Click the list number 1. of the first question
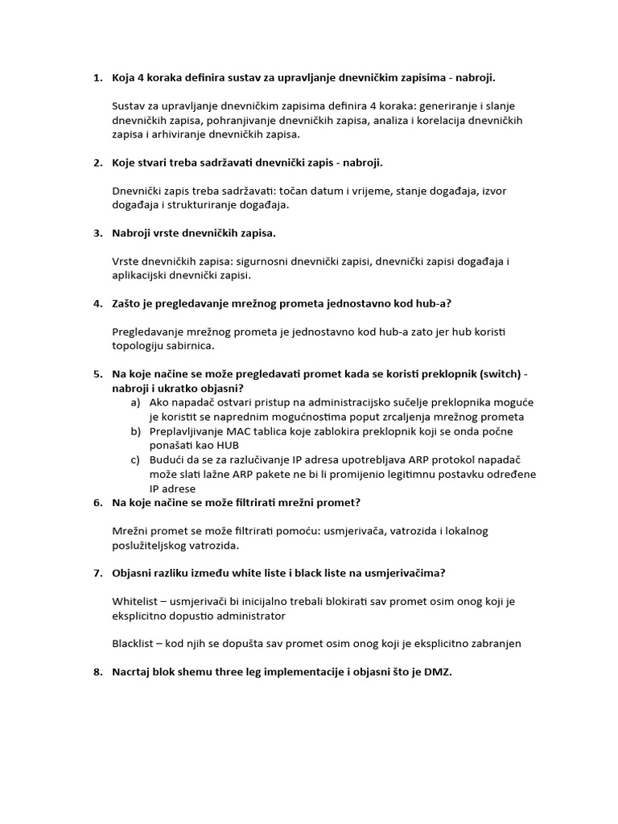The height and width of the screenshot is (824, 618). click(x=97, y=78)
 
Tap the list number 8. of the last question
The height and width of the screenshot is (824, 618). click(x=97, y=672)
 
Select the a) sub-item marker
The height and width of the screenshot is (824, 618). click(x=134, y=402)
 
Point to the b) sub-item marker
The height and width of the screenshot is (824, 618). click(x=134, y=431)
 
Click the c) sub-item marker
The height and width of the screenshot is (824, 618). click(x=134, y=459)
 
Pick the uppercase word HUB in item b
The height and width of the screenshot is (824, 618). click(x=227, y=445)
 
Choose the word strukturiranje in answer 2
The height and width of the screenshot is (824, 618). click(x=204, y=205)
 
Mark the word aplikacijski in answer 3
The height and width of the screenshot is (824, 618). click(x=144, y=275)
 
